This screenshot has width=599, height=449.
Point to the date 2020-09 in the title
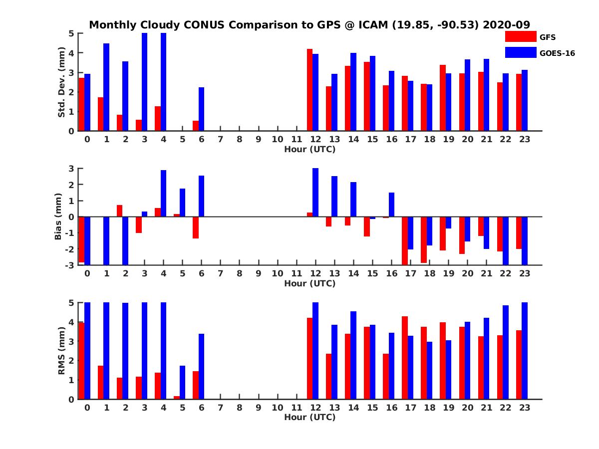[506, 25]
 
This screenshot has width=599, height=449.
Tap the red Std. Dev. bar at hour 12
[309, 90]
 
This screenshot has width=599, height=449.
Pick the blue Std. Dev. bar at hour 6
[201, 109]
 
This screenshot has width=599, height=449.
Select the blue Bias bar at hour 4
[163, 194]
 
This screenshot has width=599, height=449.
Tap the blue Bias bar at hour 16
[391, 205]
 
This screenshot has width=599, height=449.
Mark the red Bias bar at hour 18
[423, 239]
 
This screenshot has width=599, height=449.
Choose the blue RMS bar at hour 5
[182, 382]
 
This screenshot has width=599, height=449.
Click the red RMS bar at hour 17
[404, 358]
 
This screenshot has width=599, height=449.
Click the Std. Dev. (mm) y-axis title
[62, 82]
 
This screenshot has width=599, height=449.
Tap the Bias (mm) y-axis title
[58, 217]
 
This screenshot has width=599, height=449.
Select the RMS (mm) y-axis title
[62, 351]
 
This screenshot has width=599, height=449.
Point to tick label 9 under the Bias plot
[258, 273]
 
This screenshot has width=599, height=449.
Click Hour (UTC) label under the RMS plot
[309, 417]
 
